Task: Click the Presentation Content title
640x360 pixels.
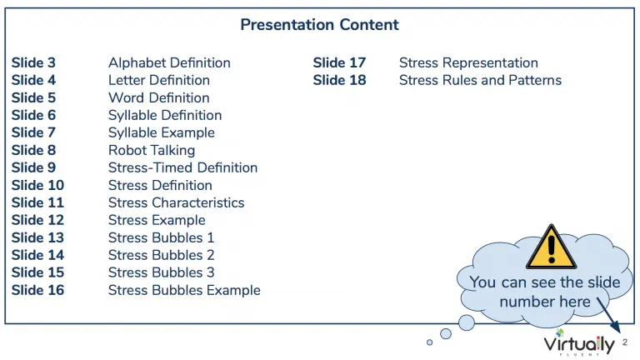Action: click(x=319, y=24)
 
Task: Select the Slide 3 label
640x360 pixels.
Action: click(x=33, y=62)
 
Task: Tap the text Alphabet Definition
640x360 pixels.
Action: click(x=169, y=62)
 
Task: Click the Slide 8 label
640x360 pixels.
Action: click(x=33, y=150)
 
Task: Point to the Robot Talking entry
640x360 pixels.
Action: click(x=152, y=150)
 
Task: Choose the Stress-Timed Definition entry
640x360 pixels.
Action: click(x=182, y=167)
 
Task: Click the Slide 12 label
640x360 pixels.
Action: click(x=37, y=220)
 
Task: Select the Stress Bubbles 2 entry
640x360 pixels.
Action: click(x=161, y=255)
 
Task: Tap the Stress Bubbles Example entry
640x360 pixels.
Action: click(x=184, y=290)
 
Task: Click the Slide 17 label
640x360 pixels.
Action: click(x=340, y=62)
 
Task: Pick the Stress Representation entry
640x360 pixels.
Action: click(x=468, y=62)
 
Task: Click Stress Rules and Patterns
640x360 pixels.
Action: click(x=480, y=80)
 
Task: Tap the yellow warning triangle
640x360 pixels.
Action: click(x=552, y=247)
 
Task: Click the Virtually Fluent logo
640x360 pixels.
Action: click(x=579, y=343)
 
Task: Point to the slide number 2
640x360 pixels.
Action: click(x=625, y=342)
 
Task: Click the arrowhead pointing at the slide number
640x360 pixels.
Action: click(x=617, y=327)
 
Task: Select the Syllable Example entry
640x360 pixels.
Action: click(x=162, y=132)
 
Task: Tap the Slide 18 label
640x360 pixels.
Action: click(x=340, y=80)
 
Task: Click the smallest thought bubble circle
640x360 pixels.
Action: click(x=429, y=342)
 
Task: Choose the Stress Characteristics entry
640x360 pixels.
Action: click(x=177, y=202)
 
